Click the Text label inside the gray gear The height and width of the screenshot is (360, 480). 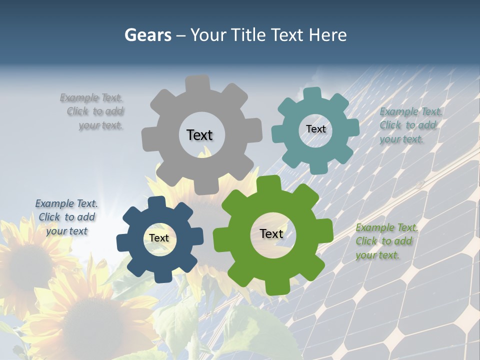[199, 135]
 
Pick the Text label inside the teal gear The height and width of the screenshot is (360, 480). [315, 129]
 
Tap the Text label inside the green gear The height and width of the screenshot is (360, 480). [271, 233]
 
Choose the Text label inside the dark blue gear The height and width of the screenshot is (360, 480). [159, 238]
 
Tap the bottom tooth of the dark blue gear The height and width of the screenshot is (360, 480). [162, 276]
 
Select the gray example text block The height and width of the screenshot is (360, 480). [93, 111]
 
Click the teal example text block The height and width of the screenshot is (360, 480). [410, 125]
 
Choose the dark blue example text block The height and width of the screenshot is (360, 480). [66, 217]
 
